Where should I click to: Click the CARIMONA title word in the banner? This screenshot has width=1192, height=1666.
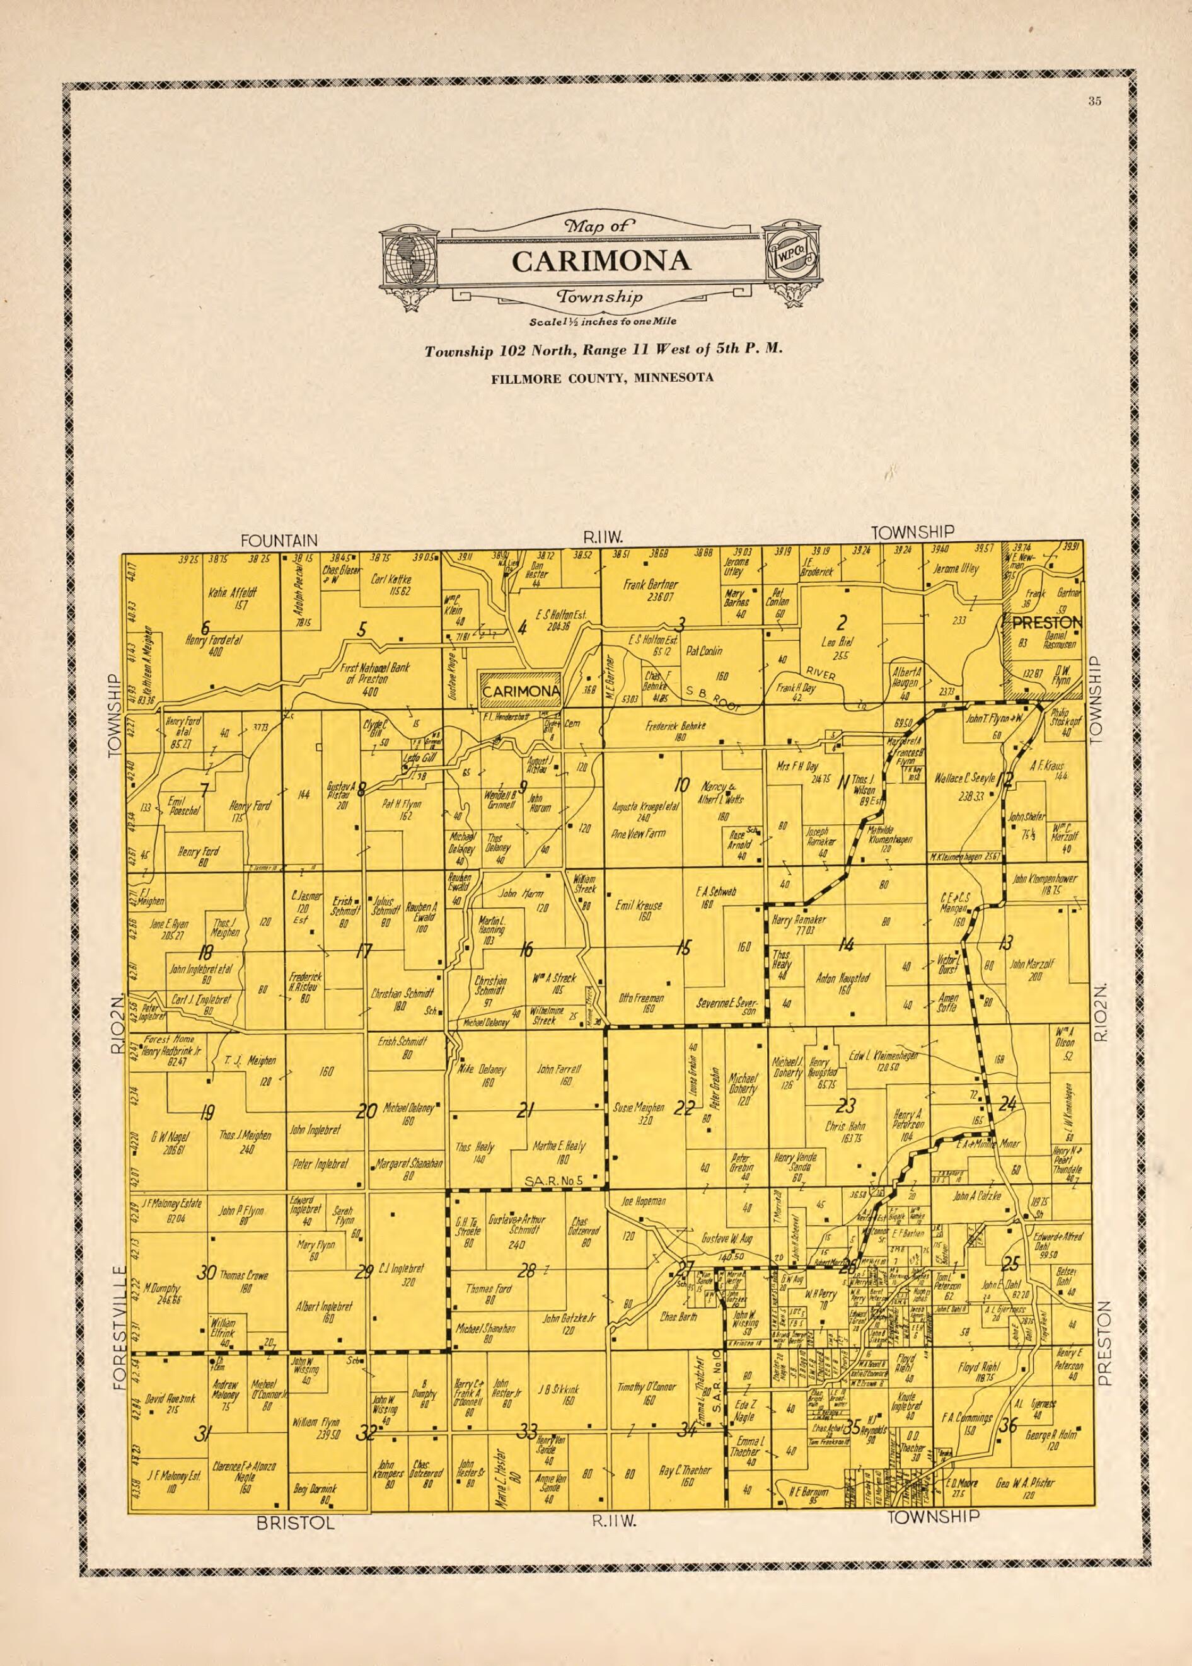[600, 261]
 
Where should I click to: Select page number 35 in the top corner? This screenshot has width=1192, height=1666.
[1094, 102]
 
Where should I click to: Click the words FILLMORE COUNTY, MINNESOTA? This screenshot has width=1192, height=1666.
[603, 379]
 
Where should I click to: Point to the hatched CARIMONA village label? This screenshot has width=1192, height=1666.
[521, 691]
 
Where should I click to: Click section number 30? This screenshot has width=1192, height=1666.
[206, 1273]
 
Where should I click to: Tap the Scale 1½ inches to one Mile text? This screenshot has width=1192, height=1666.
[603, 322]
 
